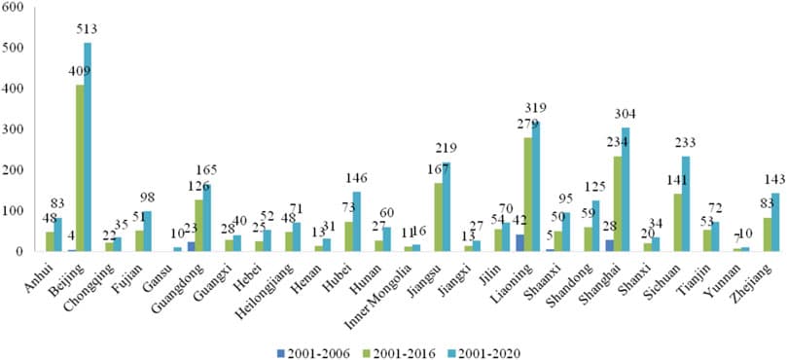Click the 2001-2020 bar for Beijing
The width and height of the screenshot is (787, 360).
pos(88,147)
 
